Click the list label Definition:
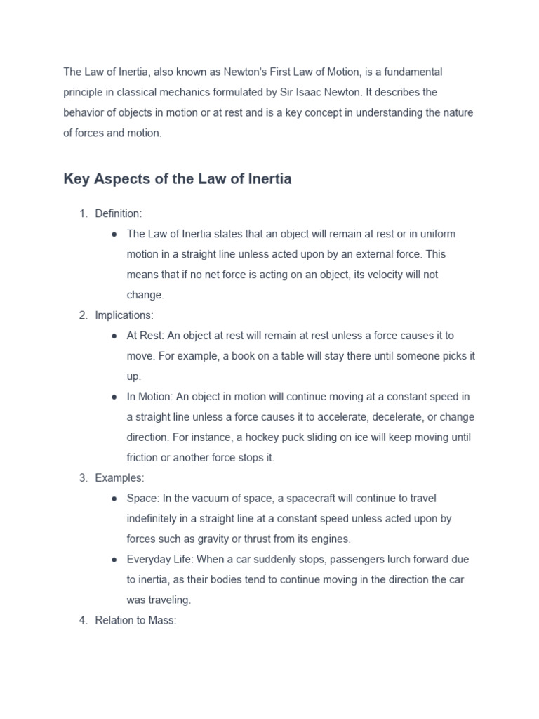coord(119,213)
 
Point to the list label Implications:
coord(124,315)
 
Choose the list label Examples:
coord(119,478)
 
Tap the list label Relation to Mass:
coord(135,621)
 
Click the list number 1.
coord(82,213)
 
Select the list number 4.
coord(82,621)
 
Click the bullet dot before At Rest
coord(114,336)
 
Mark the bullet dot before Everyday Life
coord(114,560)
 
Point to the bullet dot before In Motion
coord(114,397)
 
